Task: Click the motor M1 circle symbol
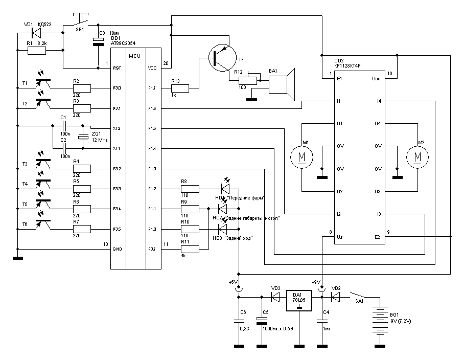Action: (301, 156)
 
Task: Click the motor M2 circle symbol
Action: (418, 156)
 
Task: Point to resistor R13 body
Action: (180, 89)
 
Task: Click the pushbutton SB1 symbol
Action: (79, 22)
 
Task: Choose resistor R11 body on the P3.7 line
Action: (190, 249)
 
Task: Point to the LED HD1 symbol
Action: (225, 189)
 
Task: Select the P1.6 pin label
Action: (152, 108)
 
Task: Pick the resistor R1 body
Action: (37, 51)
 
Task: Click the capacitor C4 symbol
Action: (322, 321)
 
